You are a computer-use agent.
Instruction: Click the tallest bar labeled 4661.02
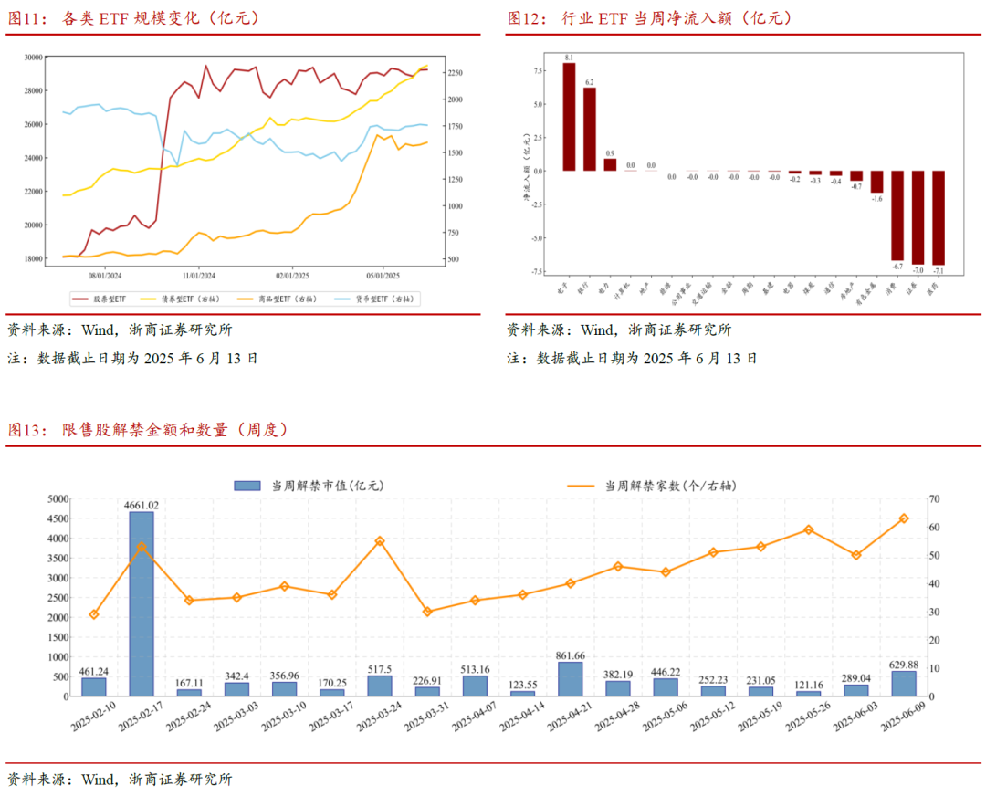(x=141, y=602)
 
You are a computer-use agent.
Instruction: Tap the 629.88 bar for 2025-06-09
(x=904, y=683)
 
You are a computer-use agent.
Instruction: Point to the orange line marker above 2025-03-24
(x=380, y=541)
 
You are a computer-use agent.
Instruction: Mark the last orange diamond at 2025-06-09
(x=904, y=518)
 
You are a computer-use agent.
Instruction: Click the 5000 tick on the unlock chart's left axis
(x=57, y=499)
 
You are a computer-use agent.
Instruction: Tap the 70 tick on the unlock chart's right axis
(x=935, y=499)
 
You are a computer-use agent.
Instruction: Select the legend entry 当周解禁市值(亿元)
(x=310, y=486)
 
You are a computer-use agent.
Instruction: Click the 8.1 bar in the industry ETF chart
(x=569, y=117)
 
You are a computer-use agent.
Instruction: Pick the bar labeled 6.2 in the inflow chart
(x=590, y=129)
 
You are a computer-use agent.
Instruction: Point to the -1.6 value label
(x=876, y=198)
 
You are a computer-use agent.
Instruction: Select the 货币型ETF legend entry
(x=373, y=298)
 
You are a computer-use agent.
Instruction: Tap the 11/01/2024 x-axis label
(x=198, y=275)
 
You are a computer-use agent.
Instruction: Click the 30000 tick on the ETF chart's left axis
(x=32, y=57)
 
